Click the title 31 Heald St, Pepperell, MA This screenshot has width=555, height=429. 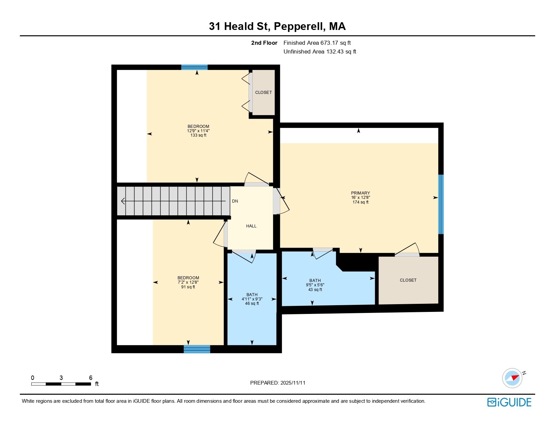pyautogui.click(x=277, y=26)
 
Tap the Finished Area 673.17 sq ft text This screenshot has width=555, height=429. pyautogui.click(x=317, y=43)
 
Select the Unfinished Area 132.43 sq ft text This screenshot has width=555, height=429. pyautogui.click(x=320, y=51)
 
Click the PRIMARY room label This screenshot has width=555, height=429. pyautogui.click(x=360, y=193)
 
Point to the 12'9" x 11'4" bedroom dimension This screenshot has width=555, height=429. pyautogui.click(x=198, y=131)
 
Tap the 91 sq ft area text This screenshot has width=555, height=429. pyautogui.click(x=188, y=287)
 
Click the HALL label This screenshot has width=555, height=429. pyautogui.click(x=251, y=226)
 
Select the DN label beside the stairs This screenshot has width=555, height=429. pyautogui.click(x=235, y=201)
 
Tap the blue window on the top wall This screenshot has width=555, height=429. pyautogui.click(x=194, y=67)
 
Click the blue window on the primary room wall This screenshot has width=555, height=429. pyautogui.click(x=441, y=204)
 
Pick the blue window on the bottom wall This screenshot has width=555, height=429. pyautogui.click(x=197, y=349)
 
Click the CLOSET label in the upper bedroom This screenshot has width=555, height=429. pyautogui.click(x=263, y=93)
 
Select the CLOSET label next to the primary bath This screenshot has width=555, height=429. pyautogui.click(x=408, y=280)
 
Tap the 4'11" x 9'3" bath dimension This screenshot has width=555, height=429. pyautogui.click(x=252, y=299)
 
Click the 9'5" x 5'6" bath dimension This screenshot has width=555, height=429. pyautogui.click(x=315, y=285)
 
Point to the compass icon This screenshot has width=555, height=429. pyautogui.click(x=512, y=378)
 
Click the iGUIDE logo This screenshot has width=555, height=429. pyautogui.click(x=509, y=402)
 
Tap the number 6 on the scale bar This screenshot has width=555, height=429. pyautogui.click(x=90, y=378)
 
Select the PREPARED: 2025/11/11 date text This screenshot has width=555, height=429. pyautogui.click(x=278, y=383)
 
